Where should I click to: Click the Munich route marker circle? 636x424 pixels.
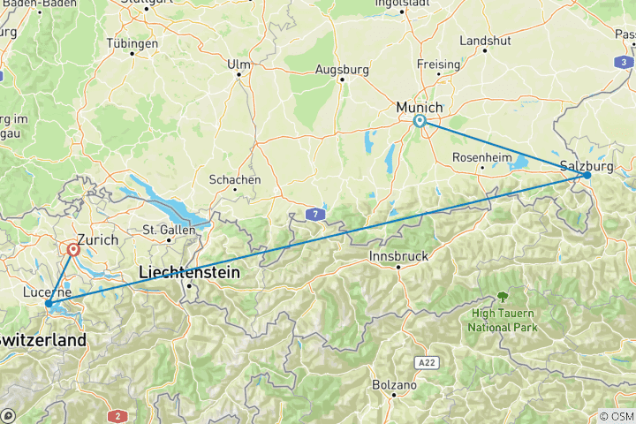pos(420,122)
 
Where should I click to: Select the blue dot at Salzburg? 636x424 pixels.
pos(587,175)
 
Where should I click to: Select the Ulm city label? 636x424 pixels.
pos(238,64)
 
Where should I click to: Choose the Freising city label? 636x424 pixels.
pos(439,64)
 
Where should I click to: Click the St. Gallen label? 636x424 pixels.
pos(162,230)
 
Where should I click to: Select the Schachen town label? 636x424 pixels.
pos(234,179)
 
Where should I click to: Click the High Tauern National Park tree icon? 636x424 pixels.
pos(503,297)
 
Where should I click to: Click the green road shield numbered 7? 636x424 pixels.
pos(314,213)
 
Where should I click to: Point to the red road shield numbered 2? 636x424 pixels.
pos(117,415)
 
